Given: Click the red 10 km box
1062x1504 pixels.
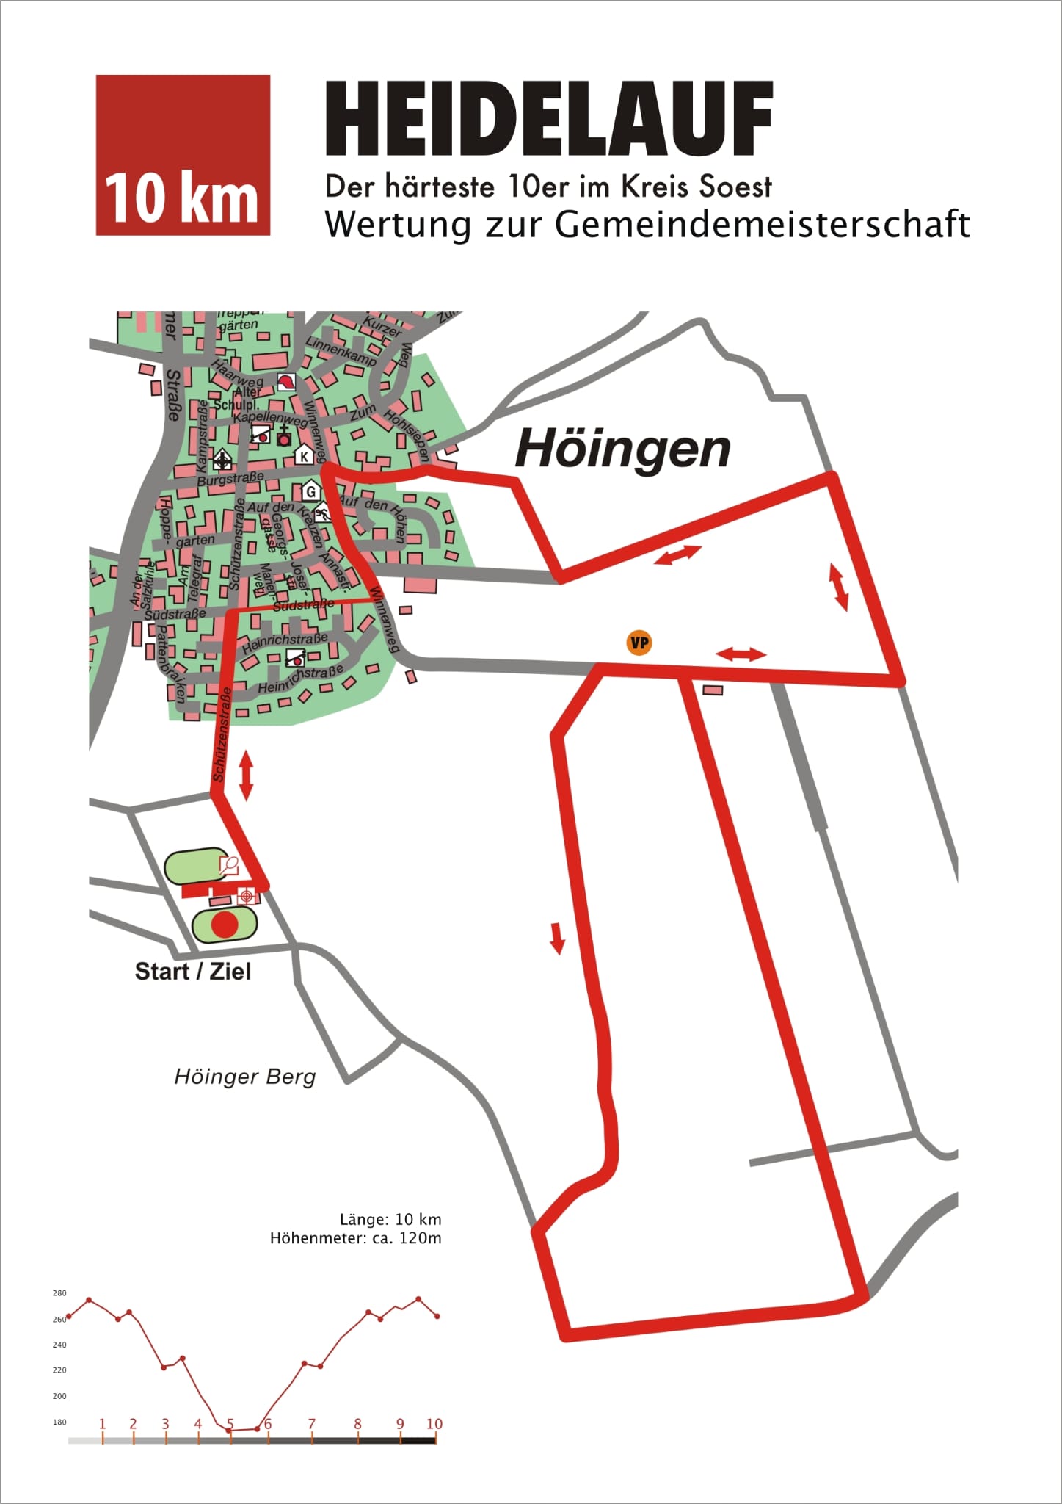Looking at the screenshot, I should point(183,155).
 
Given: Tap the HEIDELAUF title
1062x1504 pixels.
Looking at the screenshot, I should point(549,119).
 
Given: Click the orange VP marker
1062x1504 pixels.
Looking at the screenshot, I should point(639,643).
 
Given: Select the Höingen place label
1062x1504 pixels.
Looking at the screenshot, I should point(622,449).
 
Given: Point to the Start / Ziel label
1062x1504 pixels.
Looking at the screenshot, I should point(192,972).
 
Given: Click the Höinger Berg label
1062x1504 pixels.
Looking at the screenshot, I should point(244,1077).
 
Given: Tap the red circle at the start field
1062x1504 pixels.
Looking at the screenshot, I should point(224,925).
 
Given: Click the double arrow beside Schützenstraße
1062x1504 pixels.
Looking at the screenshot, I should point(246,775).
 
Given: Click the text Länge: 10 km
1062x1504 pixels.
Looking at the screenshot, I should point(390,1220).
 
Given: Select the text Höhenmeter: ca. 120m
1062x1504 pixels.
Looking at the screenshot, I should point(356,1239).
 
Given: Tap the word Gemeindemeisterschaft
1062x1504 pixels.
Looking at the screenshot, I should point(762,225).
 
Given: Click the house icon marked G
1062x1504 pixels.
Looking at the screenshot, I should point(310,491).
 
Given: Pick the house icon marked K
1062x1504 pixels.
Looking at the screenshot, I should point(304,456).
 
